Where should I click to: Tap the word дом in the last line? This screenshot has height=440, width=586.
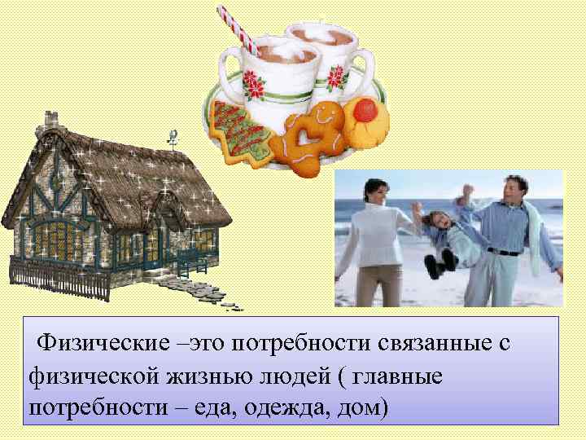[x=358, y=407]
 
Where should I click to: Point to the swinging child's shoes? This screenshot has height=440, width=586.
[x=440, y=263]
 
